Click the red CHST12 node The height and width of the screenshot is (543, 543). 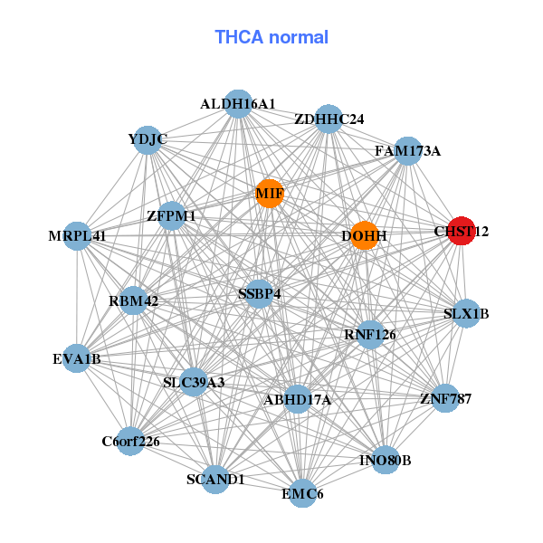click(x=462, y=231)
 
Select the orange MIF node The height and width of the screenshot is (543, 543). click(x=269, y=193)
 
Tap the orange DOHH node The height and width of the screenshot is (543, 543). click(x=364, y=235)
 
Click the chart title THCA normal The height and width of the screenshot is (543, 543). click(x=271, y=37)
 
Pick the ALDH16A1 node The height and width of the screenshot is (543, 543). click(x=237, y=104)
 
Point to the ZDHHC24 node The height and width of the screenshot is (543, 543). click(x=329, y=119)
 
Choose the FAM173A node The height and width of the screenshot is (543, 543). click(x=407, y=150)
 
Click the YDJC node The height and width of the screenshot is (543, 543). click(x=148, y=139)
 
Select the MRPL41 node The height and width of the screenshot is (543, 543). click(x=78, y=236)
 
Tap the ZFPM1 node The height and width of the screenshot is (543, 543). click(x=171, y=216)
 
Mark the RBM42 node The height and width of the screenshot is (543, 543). click(x=134, y=300)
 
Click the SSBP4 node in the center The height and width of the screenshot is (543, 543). click(x=260, y=293)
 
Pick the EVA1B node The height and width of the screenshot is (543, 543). click(x=77, y=358)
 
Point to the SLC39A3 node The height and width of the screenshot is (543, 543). click(x=193, y=382)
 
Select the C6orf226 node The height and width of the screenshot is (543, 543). click(x=130, y=442)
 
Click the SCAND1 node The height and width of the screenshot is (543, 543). click(x=215, y=479)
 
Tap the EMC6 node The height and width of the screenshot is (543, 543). click(x=302, y=493)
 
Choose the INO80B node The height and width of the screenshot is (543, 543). click(x=386, y=460)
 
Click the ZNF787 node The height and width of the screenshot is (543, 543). click(x=445, y=397)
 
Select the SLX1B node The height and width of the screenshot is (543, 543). click(x=466, y=314)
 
